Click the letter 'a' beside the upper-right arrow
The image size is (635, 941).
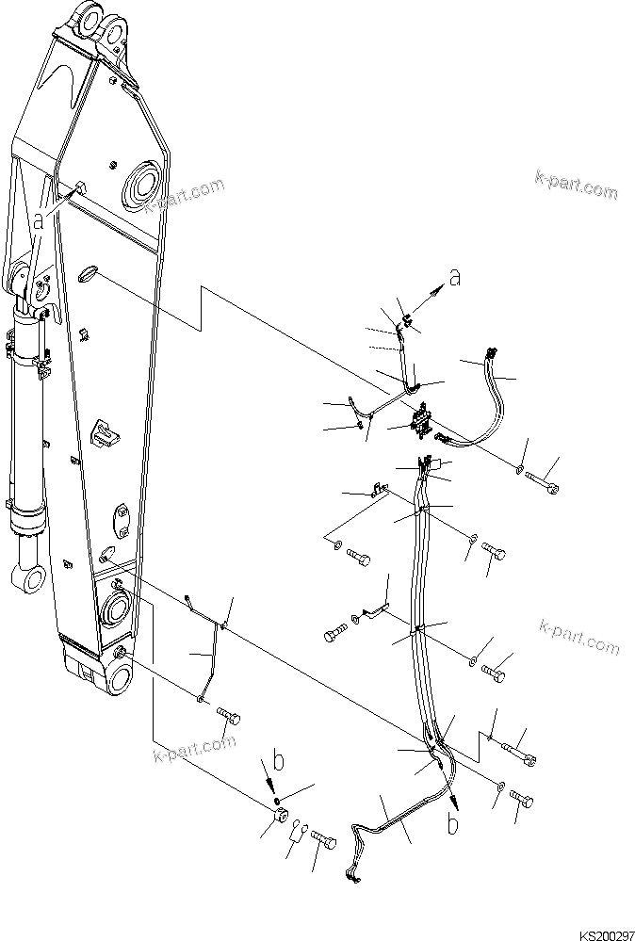[x=455, y=278]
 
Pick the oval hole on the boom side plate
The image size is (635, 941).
[x=86, y=272]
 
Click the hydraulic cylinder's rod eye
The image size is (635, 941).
[x=27, y=576]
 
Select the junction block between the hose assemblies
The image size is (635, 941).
[x=421, y=421]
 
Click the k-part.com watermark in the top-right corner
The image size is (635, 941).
[x=576, y=185]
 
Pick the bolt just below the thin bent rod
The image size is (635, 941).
[x=227, y=718]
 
